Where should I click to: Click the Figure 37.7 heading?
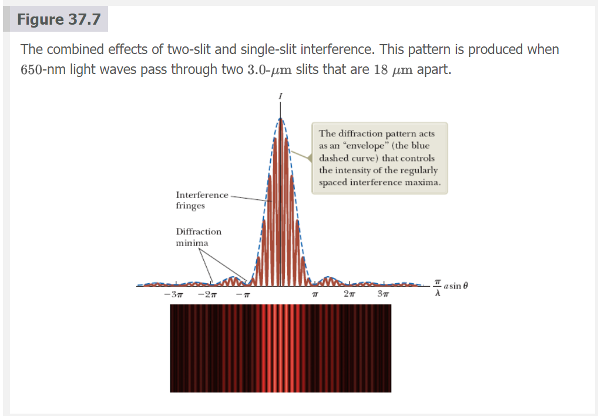[59, 20]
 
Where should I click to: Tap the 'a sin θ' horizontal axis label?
[456, 286]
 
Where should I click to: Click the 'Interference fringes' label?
[201, 200]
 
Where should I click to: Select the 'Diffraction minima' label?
[199, 237]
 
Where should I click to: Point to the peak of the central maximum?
[281, 119]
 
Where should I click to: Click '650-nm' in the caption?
[43, 70]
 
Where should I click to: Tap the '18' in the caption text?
[381, 70]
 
